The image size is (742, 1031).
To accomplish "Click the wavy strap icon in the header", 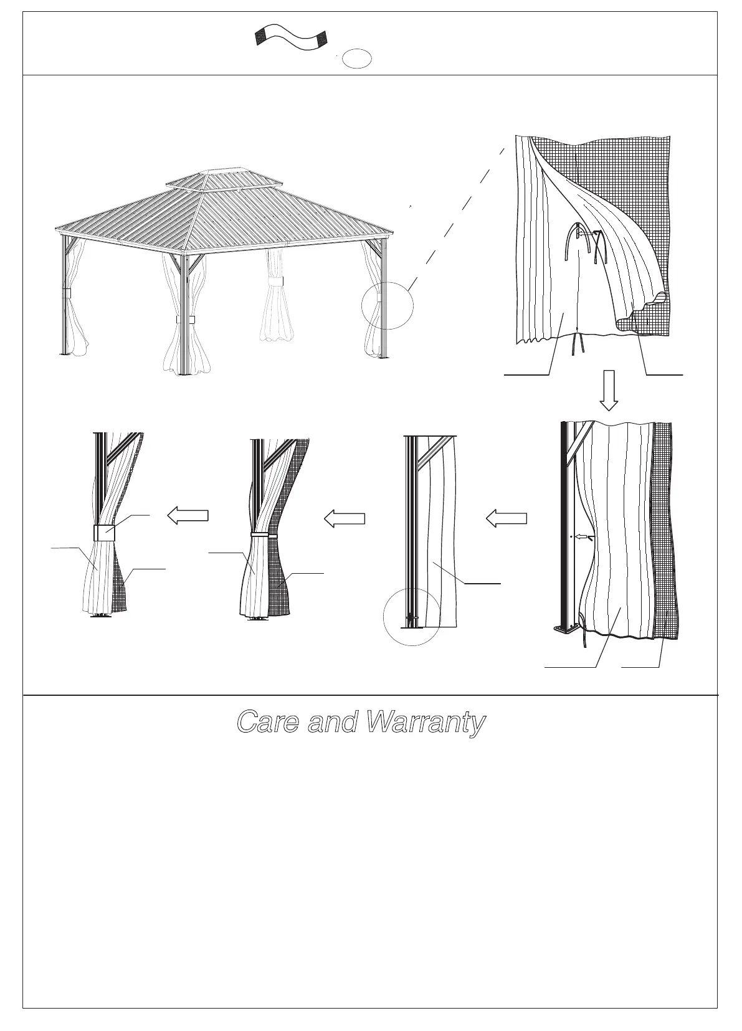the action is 290,39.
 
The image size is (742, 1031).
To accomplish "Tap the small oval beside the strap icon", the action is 358,58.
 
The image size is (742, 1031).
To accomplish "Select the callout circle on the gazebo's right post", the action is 388,305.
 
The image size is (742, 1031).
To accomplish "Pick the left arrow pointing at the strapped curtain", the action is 188,515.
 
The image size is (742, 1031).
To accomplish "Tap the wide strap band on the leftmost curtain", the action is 104,533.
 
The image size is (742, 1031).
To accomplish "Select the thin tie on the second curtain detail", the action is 264,535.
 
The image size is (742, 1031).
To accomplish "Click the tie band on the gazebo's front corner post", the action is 185,320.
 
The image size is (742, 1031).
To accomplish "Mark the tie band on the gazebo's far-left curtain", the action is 67,292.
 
